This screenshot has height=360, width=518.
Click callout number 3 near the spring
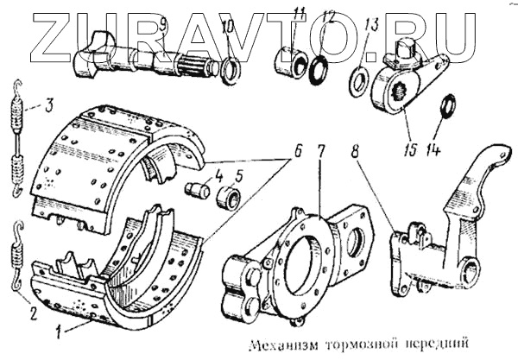(49, 108)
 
